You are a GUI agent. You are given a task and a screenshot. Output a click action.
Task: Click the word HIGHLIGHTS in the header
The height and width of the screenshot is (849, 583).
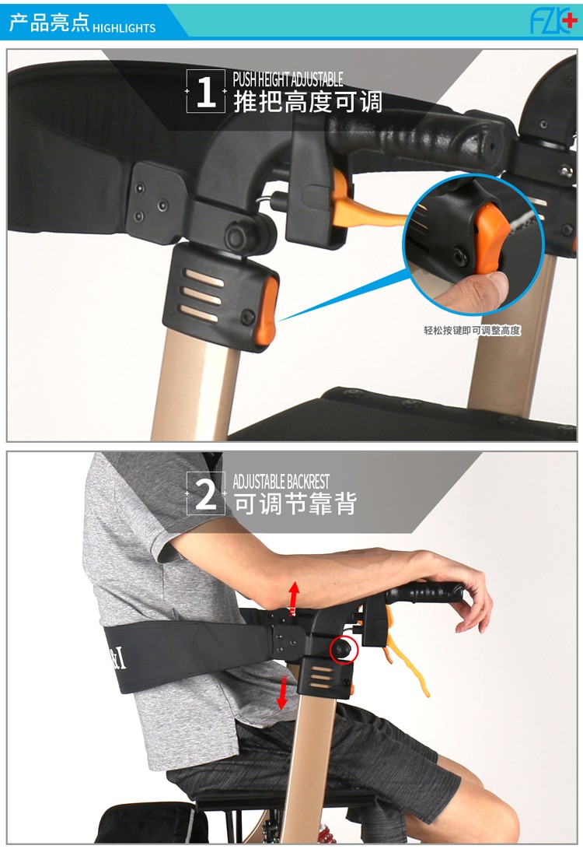click(x=124, y=28)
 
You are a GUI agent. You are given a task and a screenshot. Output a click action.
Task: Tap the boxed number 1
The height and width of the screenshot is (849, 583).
click(x=205, y=92)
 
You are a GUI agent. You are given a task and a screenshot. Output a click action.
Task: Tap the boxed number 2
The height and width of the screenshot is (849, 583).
click(x=205, y=494)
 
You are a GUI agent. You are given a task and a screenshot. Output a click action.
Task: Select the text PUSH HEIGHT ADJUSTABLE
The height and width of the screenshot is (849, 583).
click(x=288, y=79)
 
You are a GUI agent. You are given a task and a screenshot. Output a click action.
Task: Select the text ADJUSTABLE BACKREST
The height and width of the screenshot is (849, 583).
click(x=281, y=482)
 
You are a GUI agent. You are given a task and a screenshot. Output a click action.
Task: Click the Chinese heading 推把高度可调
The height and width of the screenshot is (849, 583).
click(x=308, y=102)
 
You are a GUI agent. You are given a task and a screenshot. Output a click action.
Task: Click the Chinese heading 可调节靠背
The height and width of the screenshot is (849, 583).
click(x=295, y=503)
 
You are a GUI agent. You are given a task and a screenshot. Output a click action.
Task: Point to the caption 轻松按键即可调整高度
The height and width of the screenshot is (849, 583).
click(x=472, y=330)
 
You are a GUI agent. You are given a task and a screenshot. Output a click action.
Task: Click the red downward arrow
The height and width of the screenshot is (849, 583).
click(x=281, y=693)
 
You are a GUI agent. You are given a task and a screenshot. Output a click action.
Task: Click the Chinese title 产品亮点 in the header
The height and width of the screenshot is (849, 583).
click(x=49, y=23)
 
